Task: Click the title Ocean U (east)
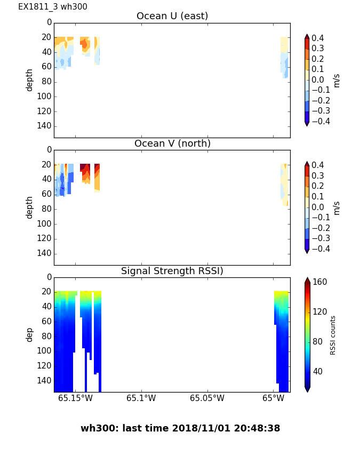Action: [172, 17]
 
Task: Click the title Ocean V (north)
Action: [172, 144]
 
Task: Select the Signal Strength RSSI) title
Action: [172, 271]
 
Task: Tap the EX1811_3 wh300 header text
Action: [53, 7]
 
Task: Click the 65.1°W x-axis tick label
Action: [141, 398]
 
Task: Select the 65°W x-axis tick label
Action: [273, 398]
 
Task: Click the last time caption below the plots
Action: [180, 428]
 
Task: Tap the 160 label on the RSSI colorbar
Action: [319, 282]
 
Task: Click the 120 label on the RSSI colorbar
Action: [319, 312]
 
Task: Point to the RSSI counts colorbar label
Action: [333, 335]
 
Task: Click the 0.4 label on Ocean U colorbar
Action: [322, 38]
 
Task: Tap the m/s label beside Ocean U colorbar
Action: [337, 80]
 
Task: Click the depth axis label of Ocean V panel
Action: [30, 207]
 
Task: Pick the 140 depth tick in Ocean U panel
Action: [45, 126]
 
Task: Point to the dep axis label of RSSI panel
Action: [30, 334]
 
